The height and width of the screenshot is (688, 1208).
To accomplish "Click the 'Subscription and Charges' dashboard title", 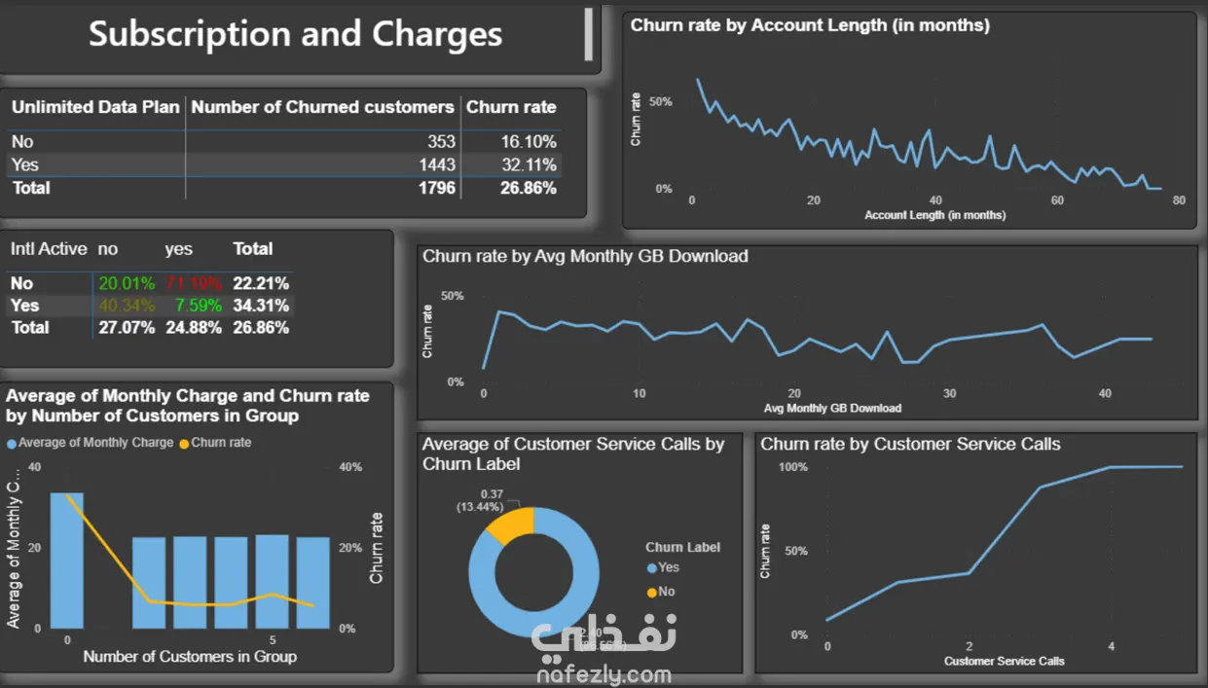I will pyautogui.click(x=296, y=35).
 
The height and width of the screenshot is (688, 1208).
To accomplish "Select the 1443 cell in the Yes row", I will pyautogui.click(x=435, y=164).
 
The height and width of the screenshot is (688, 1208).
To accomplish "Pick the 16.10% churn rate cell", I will pyautogui.click(x=529, y=142).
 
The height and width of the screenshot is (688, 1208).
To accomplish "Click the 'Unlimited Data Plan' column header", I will pyautogui.click(x=95, y=107).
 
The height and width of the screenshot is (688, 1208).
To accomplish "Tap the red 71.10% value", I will pyautogui.click(x=194, y=283).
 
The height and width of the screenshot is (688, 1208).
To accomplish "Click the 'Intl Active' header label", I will pyautogui.click(x=49, y=249).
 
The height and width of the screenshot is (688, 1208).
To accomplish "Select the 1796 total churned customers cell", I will pyautogui.click(x=435, y=187).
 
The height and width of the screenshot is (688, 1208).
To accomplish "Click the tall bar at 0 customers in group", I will pyautogui.click(x=67, y=560).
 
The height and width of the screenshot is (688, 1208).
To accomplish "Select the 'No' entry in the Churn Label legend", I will pyautogui.click(x=666, y=592).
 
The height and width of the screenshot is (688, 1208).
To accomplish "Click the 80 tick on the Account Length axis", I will pyautogui.click(x=1179, y=200).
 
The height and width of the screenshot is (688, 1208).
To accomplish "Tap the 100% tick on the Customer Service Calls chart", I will pyautogui.click(x=793, y=467).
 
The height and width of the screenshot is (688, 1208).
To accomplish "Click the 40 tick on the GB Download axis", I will pyautogui.click(x=1105, y=394).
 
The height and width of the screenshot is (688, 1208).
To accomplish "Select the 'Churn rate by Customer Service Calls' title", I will pyautogui.click(x=910, y=445).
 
